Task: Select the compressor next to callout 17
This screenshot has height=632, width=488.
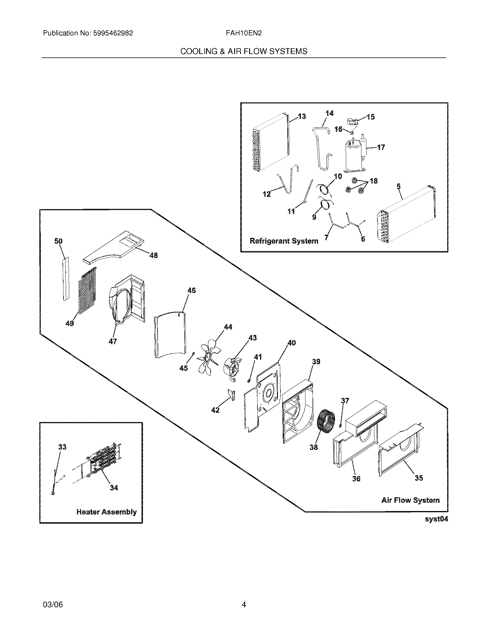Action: [x=353, y=155]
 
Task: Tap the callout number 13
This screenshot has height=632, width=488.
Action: [x=302, y=116]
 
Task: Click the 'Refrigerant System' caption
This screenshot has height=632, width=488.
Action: [x=284, y=241]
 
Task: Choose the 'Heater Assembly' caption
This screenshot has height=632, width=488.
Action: [x=106, y=512]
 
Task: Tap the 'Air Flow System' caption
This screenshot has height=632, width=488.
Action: [x=410, y=500]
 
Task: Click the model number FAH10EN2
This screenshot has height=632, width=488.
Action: [x=244, y=33]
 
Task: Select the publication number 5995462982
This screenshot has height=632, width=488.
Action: [x=113, y=33]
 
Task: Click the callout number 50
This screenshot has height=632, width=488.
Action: [x=58, y=241]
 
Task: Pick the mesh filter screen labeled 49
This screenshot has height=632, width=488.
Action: [x=87, y=292]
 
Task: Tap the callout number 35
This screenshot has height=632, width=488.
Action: [x=419, y=478]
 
